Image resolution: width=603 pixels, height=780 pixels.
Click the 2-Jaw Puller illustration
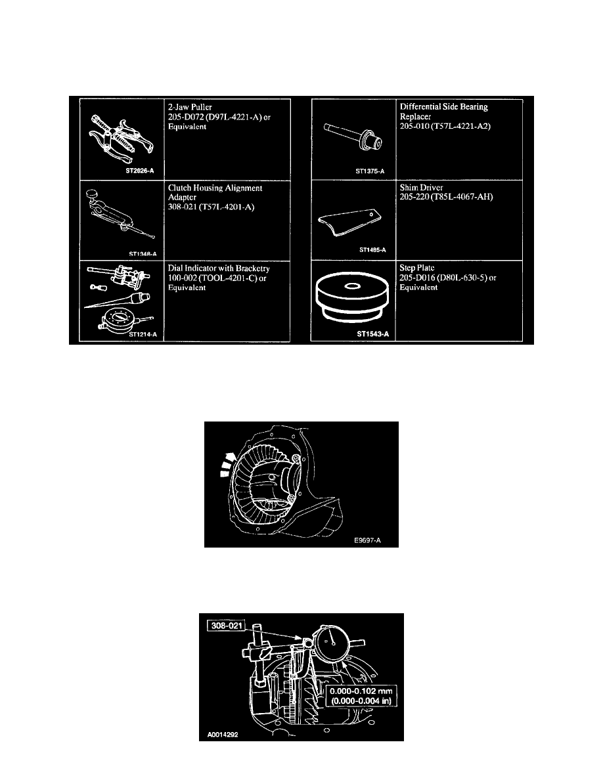(x=121, y=138)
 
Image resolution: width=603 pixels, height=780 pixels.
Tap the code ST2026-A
(x=140, y=171)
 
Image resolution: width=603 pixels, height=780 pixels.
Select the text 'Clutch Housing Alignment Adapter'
(x=215, y=192)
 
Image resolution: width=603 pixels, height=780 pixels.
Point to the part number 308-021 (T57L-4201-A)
(x=211, y=207)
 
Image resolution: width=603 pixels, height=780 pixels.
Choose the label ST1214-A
(x=143, y=334)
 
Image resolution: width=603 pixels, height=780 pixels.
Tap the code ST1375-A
(x=370, y=171)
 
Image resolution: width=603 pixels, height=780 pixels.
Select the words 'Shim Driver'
(x=422, y=188)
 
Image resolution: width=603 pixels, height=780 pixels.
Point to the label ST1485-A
(x=372, y=249)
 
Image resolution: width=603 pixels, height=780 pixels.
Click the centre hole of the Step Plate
(x=353, y=286)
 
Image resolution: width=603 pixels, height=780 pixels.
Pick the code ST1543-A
(x=372, y=334)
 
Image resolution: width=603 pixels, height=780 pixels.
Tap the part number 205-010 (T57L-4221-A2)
(x=445, y=126)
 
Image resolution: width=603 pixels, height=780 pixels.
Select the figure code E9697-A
(x=368, y=540)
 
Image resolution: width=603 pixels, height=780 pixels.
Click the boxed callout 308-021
(x=227, y=625)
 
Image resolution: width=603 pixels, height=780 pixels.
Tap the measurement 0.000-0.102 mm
(x=361, y=691)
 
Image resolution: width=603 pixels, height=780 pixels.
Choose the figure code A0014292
(x=223, y=734)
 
